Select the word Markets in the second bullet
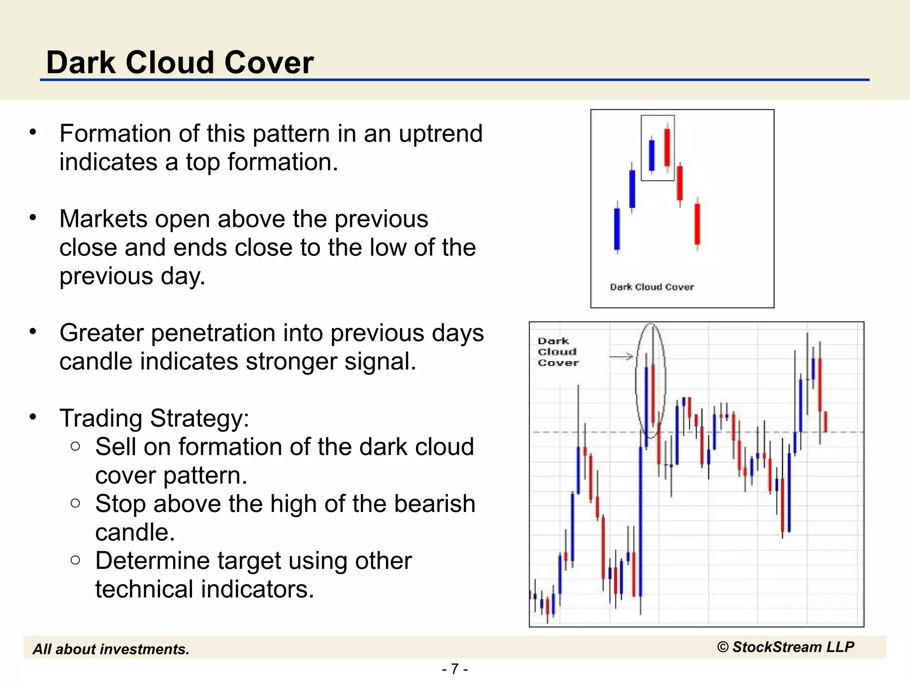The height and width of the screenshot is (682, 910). click(x=103, y=219)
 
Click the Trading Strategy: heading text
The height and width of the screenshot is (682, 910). click(x=154, y=418)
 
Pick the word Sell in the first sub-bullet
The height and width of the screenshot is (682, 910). click(x=115, y=447)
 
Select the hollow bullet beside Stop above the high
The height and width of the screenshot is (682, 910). click(x=76, y=504)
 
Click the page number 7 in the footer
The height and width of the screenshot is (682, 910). click(x=455, y=669)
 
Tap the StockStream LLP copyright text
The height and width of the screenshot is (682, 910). click(x=786, y=647)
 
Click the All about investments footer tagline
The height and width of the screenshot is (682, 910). click(x=111, y=649)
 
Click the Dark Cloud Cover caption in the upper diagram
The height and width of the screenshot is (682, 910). click(x=651, y=287)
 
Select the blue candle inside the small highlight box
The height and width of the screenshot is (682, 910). click(x=652, y=155)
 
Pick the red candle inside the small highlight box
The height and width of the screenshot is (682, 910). click(x=667, y=147)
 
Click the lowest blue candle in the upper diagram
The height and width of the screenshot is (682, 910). click(x=617, y=229)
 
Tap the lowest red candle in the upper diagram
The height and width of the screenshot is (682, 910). click(x=697, y=224)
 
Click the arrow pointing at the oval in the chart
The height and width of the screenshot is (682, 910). click(x=621, y=357)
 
